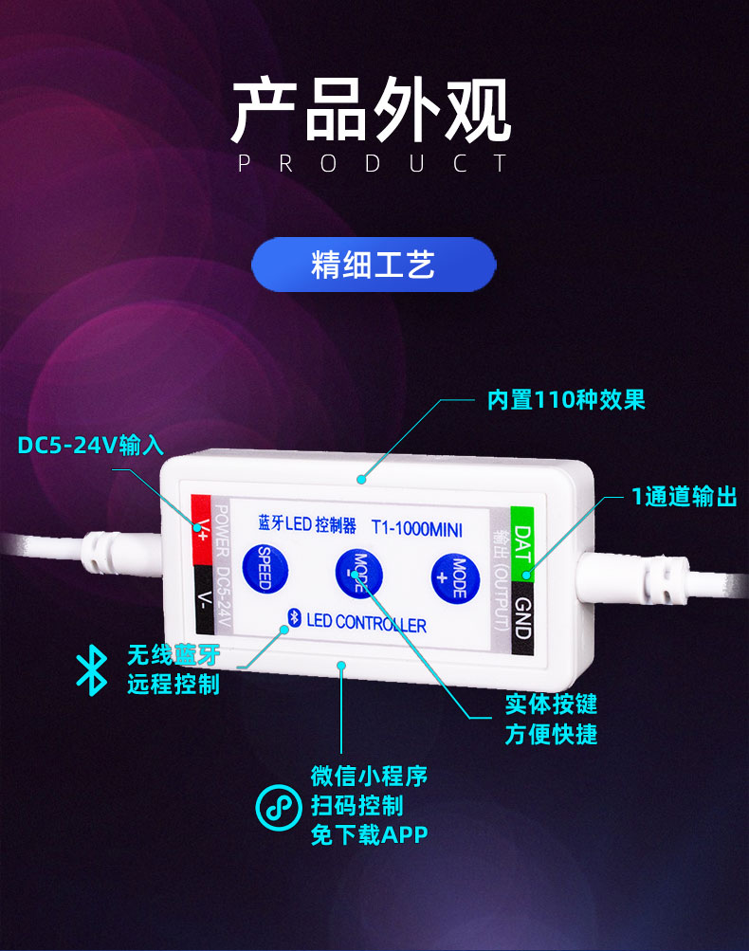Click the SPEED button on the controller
265,569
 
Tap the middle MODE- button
357,573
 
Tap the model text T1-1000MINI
416,528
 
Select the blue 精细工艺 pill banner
374,265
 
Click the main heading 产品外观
373,112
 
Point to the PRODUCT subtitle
373,164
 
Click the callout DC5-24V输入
91,445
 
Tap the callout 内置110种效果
566,399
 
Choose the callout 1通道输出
684,496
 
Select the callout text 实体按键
551,704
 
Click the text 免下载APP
369,834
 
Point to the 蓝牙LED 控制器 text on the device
306,524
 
